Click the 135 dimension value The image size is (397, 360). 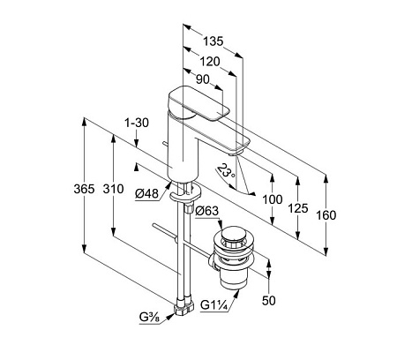coord(213,41)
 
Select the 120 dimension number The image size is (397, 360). coord(210,62)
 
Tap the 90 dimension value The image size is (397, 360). coord(203,79)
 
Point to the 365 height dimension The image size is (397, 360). coord(84,189)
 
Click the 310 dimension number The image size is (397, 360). coord(113,189)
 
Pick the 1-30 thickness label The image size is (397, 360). coord(137,123)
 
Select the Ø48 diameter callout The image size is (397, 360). coord(146,194)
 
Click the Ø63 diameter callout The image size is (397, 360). coord(207,211)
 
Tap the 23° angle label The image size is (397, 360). coord(227,170)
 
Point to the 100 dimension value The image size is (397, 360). coord(273,199)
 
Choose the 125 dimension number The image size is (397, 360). coord(298,208)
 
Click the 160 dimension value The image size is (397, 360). coord(326,215)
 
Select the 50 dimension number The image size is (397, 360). coord(269,301)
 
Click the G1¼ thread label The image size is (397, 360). coord(214,305)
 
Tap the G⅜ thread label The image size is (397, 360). coord(149,318)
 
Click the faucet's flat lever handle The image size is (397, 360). coord(198,103)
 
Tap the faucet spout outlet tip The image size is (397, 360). coord(235,154)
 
